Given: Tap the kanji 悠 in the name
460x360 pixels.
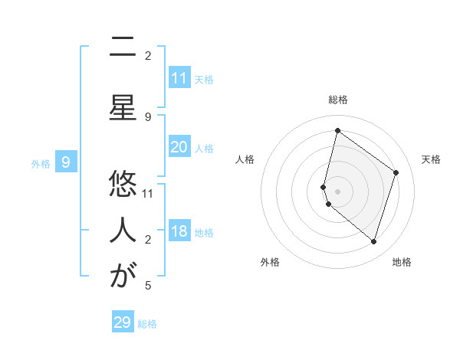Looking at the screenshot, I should tap(123, 184).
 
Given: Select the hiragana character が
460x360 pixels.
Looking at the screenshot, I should tap(123, 275).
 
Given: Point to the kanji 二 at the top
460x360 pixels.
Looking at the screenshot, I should tap(123, 47).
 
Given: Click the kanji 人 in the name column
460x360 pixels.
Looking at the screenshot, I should tap(123, 229).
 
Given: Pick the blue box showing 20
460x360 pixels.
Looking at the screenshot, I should tap(179, 147).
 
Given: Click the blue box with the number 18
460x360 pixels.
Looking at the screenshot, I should tap(179, 231).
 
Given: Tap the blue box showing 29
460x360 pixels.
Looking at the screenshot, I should tap(123, 322).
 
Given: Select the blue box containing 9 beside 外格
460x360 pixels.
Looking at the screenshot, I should tap(66, 162).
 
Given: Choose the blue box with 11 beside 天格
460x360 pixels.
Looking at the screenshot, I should tap(179, 77).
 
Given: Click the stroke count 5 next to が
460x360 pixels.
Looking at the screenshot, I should tap(147, 286).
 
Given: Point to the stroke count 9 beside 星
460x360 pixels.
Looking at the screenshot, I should tap(148, 116).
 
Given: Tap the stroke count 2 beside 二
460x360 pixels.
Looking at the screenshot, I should tap(148, 55).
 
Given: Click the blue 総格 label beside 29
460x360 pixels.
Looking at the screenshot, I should tap(147, 324).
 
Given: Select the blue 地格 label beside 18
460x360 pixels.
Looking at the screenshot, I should tap(204, 233).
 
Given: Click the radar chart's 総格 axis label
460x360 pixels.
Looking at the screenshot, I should tap(338, 100).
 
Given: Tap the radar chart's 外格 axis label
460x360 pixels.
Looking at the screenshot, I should tap(270, 262).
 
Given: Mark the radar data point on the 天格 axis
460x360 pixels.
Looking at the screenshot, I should tap(396, 172).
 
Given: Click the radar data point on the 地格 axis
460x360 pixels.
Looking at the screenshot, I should tap(373, 241).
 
